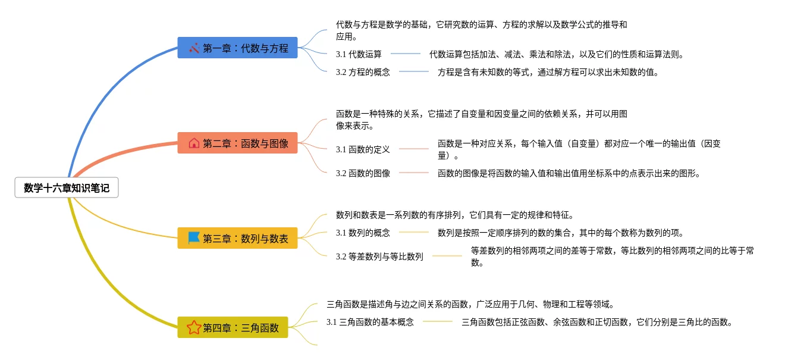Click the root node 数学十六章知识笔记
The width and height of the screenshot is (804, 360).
click(67, 188)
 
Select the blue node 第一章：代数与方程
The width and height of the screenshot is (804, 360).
click(237, 48)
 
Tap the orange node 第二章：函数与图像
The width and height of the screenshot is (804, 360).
click(237, 143)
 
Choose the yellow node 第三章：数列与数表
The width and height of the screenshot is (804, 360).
click(237, 239)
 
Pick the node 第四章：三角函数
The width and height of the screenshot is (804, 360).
click(233, 327)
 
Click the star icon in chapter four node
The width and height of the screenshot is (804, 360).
click(194, 327)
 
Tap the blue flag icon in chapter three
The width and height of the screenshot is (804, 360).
click(194, 238)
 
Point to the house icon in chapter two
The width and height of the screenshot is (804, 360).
click(194, 143)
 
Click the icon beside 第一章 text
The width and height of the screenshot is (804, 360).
click(194, 48)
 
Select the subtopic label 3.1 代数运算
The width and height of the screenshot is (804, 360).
click(359, 54)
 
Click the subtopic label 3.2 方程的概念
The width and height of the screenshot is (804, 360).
click(363, 72)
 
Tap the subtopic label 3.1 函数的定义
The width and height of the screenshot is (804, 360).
click(363, 149)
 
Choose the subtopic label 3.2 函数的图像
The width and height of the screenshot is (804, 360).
click(363, 173)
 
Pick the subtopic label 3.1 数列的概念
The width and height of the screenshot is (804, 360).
click(363, 233)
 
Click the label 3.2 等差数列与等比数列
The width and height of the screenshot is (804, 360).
click(379, 256)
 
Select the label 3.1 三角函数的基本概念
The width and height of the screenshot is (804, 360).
click(370, 322)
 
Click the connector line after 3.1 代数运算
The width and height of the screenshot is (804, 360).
click(406, 54)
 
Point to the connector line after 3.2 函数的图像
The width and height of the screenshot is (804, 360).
click(414, 173)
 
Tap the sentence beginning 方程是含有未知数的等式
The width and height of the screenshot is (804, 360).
click(548, 72)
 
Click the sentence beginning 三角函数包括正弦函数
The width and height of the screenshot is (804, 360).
click(596, 322)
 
